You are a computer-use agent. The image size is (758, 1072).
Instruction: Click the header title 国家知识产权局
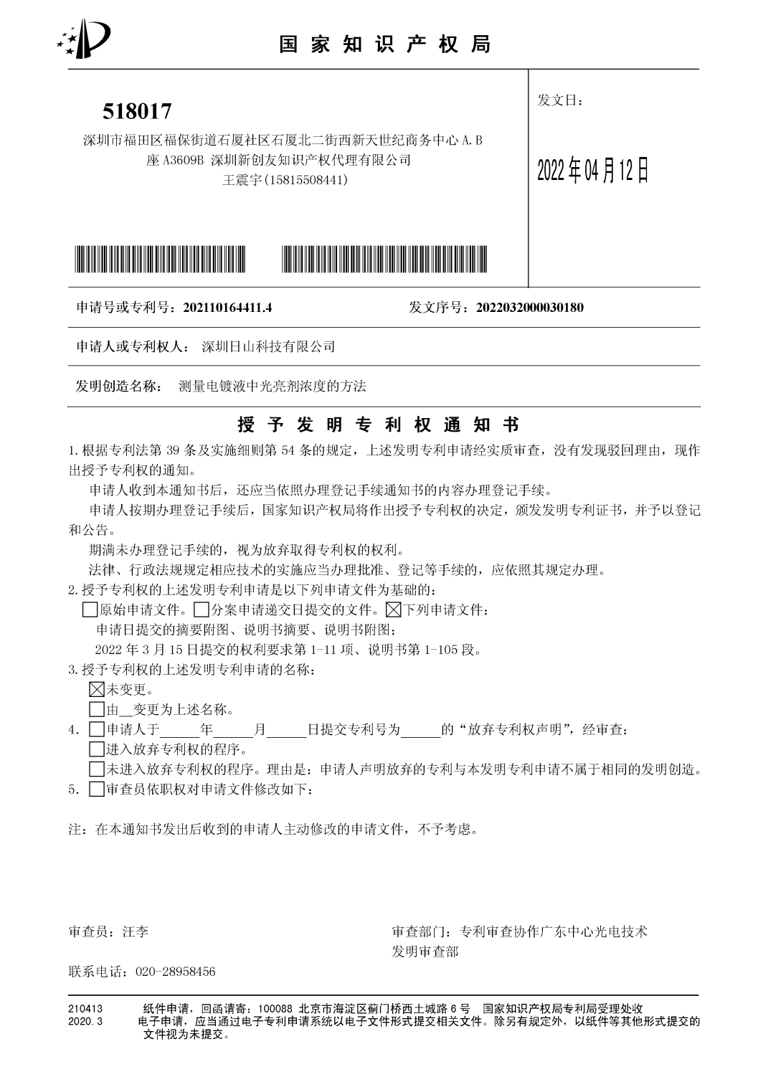(384, 44)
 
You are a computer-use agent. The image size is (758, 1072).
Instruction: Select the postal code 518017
(137, 111)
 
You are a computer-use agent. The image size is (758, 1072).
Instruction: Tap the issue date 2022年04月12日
(592, 171)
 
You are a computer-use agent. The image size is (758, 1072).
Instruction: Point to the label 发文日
(560, 100)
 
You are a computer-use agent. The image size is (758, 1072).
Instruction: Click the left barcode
(160, 259)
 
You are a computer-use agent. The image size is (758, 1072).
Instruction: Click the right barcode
(387, 259)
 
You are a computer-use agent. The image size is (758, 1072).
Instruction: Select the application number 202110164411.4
(227, 308)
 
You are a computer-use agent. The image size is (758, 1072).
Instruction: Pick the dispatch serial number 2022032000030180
(525, 308)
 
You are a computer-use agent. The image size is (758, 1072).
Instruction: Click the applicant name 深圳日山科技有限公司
(269, 347)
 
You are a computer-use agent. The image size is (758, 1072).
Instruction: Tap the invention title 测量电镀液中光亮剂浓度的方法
(272, 386)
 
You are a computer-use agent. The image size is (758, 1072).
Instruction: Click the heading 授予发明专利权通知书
(378, 424)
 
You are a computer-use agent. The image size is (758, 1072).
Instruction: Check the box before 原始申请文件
(90, 611)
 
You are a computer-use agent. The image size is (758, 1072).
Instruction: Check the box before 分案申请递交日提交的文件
(202, 611)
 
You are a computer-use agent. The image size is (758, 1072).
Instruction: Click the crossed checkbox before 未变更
(96, 690)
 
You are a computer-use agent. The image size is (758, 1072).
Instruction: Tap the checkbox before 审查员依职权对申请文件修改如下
(96, 789)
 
